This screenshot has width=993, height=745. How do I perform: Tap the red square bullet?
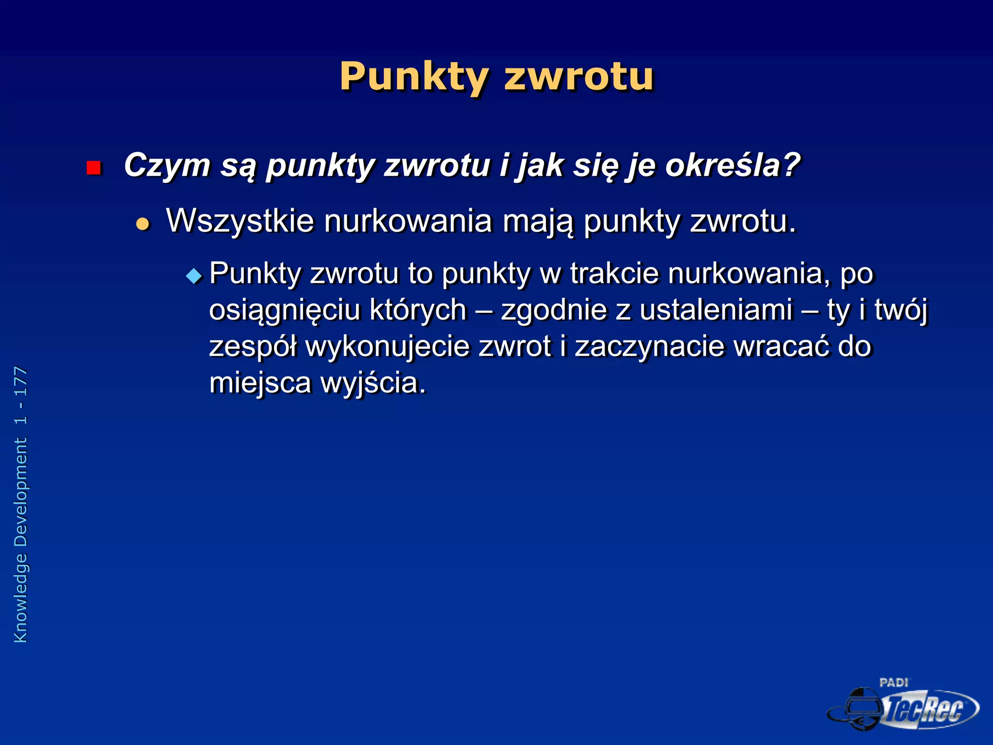tap(94, 168)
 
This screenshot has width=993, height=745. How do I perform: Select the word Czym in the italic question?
tap(167, 166)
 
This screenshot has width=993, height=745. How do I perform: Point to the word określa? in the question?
tap(732, 166)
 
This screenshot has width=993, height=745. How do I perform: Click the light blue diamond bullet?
tap(194, 276)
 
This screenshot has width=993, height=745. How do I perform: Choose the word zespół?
tap(252, 347)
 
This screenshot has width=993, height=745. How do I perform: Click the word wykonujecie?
tap(387, 347)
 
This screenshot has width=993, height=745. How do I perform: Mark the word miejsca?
tap(260, 383)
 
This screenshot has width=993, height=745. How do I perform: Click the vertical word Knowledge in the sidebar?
tap(21, 598)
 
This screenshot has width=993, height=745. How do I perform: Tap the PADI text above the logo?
tap(894, 682)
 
